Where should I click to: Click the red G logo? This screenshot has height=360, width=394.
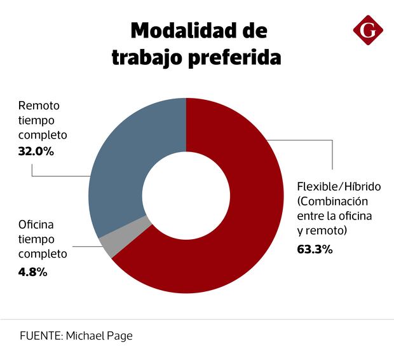(x=368, y=30)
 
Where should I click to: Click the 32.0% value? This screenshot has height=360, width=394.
(x=36, y=152)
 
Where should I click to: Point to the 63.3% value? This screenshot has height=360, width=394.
(x=315, y=249)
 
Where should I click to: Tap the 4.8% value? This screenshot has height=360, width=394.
(x=32, y=272)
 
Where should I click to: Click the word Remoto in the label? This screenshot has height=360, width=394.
(x=39, y=106)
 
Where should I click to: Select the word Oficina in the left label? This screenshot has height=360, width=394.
(x=36, y=224)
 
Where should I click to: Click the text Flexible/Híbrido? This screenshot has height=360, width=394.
(x=339, y=187)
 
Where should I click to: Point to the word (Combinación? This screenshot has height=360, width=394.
(x=334, y=202)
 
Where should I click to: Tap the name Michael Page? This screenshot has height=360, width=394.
(x=99, y=335)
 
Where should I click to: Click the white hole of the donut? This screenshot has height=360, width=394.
(x=186, y=195)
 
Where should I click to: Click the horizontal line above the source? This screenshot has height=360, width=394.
(x=197, y=319)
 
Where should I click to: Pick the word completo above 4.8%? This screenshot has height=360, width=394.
(x=43, y=254)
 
